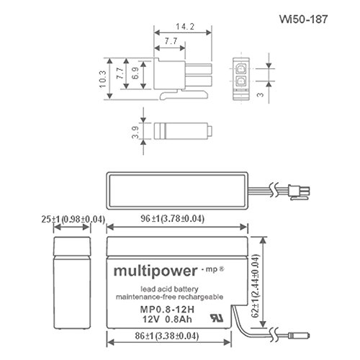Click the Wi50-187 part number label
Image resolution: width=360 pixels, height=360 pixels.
point(303,19)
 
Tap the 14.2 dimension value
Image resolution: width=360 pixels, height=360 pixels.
point(185,27)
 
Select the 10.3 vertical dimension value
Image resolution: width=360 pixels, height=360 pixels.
point(102,79)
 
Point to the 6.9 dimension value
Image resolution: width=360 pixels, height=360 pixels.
point(135,73)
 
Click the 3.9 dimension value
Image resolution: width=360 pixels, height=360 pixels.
point(135,132)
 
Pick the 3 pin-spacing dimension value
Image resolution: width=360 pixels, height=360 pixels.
point(260,95)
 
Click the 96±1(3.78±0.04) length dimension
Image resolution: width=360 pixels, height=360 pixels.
point(172,219)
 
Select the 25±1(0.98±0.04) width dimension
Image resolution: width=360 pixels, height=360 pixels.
point(73,220)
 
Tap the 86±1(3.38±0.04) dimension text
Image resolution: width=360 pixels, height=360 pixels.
point(167,336)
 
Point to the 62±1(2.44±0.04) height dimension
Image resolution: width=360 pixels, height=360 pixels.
point(256,286)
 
